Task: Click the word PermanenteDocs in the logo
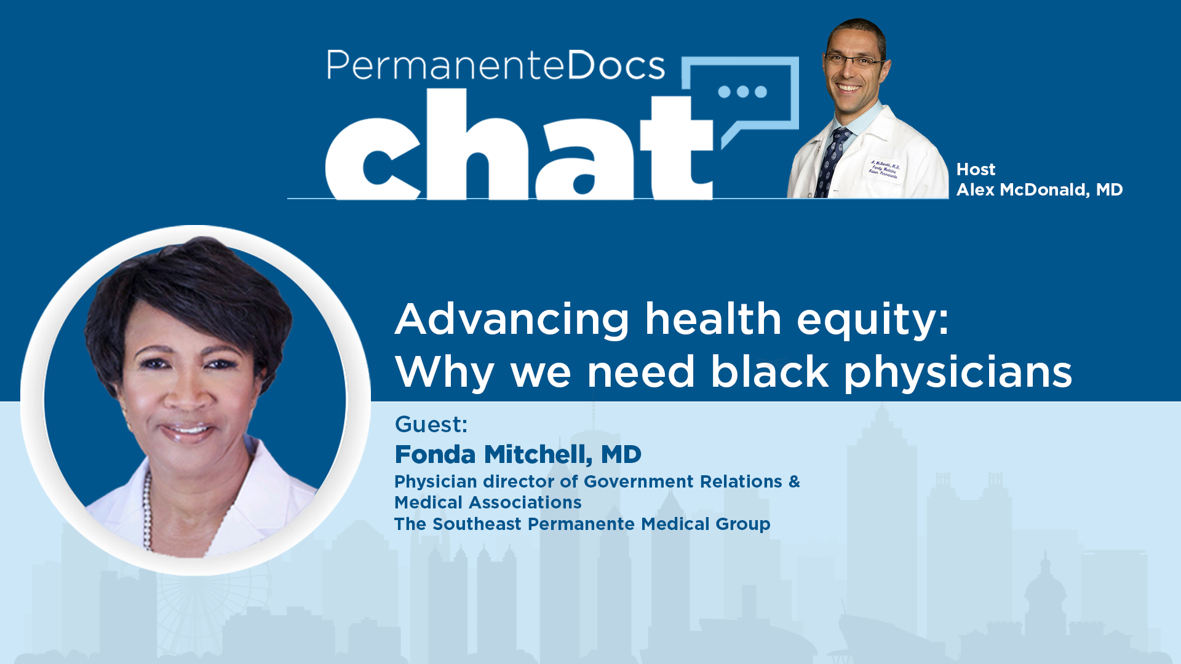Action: (x=496, y=65)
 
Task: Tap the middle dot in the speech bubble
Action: (x=743, y=92)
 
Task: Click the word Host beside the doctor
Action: (x=976, y=170)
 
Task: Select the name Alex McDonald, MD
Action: (x=1040, y=190)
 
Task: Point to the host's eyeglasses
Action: (x=855, y=60)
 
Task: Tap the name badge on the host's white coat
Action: (x=885, y=170)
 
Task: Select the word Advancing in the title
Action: (x=512, y=320)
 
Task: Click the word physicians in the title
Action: (x=958, y=373)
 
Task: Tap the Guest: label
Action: (x=431, y=425)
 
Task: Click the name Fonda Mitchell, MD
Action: (x=518, y=455)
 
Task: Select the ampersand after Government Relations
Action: (x=794, y=481)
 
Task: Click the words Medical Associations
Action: (x=488, y=503)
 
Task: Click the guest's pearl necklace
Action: (x=148, y=510)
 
